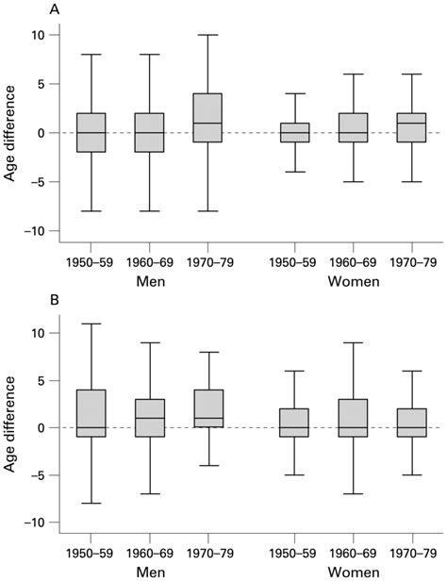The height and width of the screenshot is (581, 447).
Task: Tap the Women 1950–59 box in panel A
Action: (295, 133)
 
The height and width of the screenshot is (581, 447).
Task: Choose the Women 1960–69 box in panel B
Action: (354, 413)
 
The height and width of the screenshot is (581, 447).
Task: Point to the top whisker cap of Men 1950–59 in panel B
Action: (91, 324)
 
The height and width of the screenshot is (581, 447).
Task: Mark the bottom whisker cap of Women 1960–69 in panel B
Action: (354, 493)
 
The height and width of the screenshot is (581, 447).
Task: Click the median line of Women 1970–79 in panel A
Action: (411, 123)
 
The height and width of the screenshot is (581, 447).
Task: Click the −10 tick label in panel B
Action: (36, 523)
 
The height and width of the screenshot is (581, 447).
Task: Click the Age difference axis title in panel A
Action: (11, 133)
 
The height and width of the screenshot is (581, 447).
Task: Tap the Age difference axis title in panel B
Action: (11, 427)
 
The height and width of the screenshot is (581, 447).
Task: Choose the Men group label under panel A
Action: (149, 281)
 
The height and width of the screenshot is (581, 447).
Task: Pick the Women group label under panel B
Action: (353, 574)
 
